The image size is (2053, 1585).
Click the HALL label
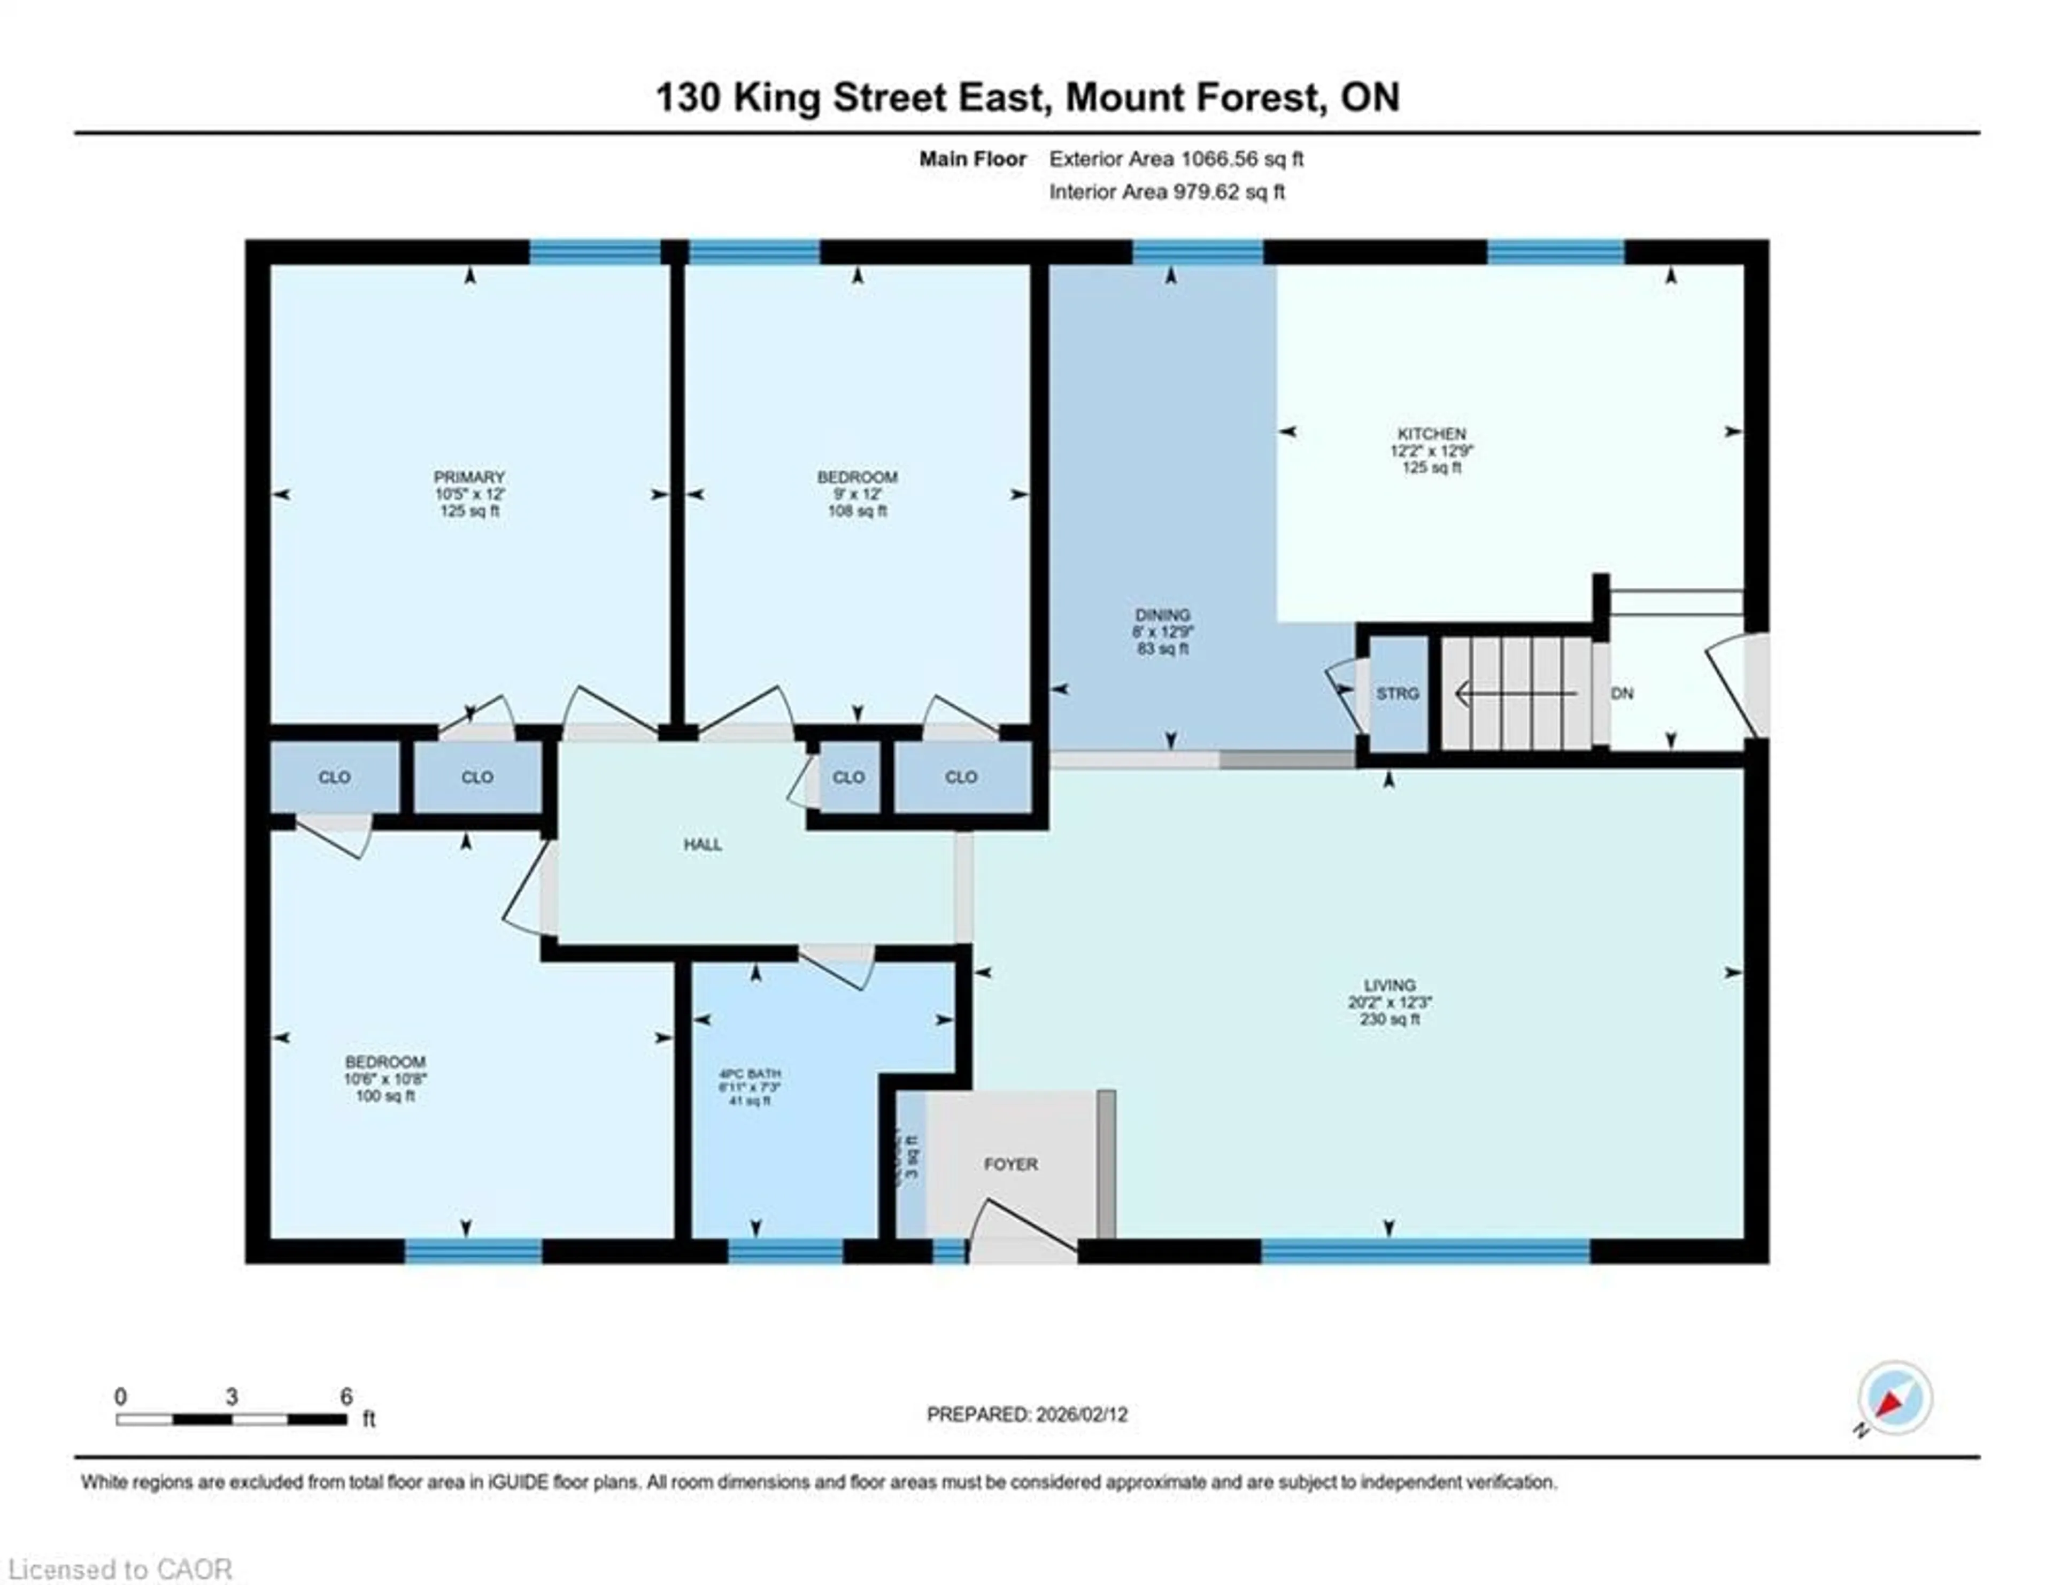702,844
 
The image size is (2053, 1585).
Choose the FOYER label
1010,1164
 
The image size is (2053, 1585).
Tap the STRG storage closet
1397,694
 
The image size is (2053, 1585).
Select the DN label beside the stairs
1622,694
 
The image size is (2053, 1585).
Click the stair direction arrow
1514,694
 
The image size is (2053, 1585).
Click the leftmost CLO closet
335,778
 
